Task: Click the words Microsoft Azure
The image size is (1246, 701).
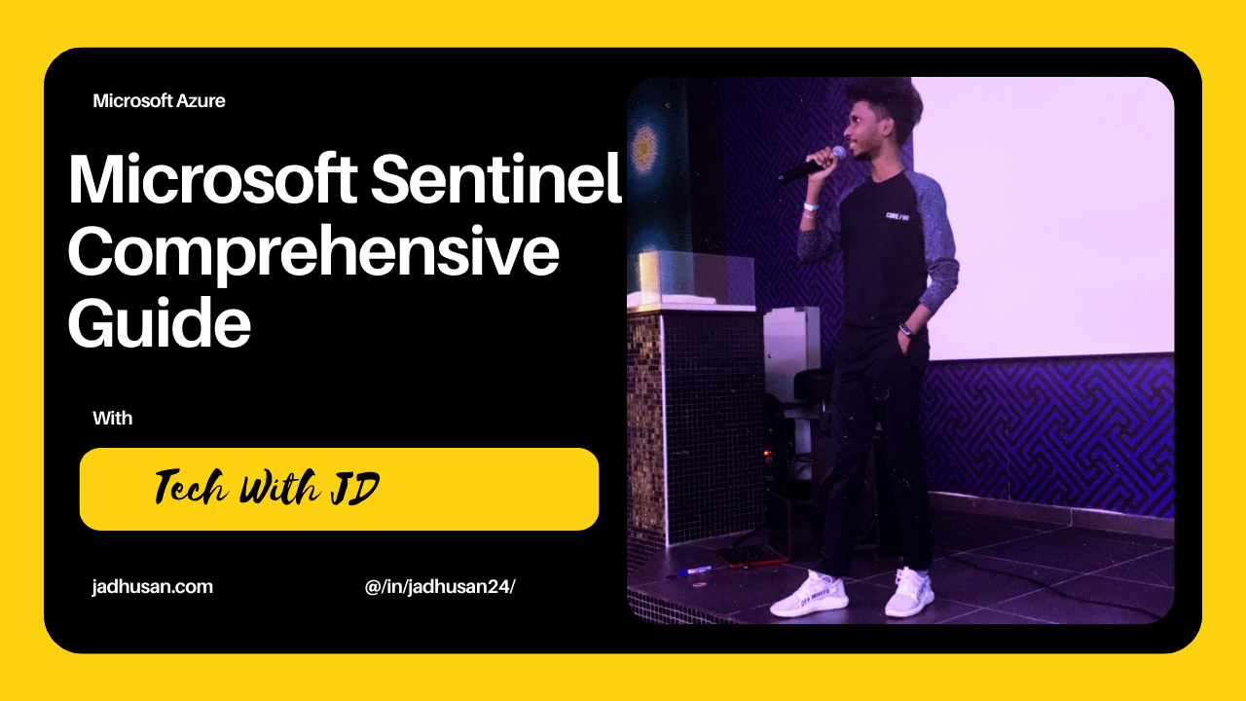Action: coord(159,101)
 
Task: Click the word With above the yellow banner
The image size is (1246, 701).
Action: coord(113,419)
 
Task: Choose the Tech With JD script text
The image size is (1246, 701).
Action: coord(267,488)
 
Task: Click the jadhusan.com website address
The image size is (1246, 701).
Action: coord(153,587)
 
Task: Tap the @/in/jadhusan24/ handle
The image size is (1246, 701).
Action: coord(441,587)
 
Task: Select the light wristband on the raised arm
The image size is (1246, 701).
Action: coord(810,206)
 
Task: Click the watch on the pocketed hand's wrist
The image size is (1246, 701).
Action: coord(904,329)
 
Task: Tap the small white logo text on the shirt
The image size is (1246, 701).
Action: coord(898,215)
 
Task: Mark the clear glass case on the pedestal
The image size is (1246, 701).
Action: coord(697,278)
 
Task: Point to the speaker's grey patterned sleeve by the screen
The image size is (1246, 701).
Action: coord(938,234)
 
